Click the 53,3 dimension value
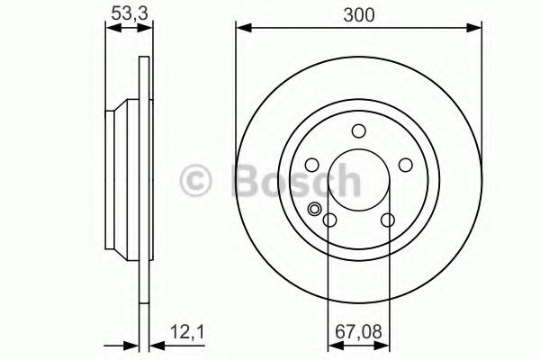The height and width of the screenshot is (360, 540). (130, 14)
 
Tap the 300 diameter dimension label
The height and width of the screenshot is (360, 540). (358, 15)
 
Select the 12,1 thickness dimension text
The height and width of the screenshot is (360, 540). (187, 333)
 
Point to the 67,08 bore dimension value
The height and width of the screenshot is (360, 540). (358, 332)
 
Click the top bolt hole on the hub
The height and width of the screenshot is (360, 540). (358, 131)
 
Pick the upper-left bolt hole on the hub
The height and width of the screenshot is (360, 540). (312, 165)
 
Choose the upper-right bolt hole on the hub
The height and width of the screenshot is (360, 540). (405, 165)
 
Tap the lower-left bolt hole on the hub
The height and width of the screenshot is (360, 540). (329, 220)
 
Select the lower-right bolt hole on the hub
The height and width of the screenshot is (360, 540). (388, 220)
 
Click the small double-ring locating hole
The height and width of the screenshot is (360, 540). (314, 209)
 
